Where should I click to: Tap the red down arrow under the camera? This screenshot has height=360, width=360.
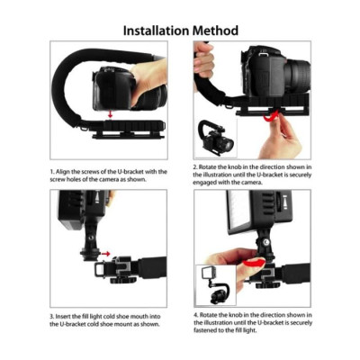tap(110, 116)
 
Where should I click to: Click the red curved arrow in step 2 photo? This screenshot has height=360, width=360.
tap(269, 114)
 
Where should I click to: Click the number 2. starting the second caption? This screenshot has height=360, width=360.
tap(195, 167)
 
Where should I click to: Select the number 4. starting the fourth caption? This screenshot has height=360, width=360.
tap(195, 314)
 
